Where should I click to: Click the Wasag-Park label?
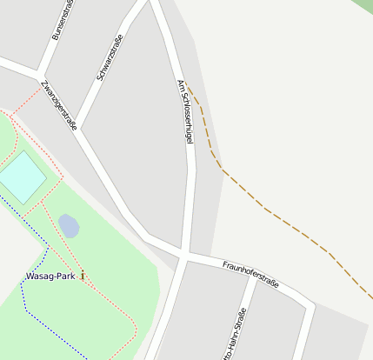tap(50, 277)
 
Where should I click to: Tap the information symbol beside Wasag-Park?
tap(83, 276)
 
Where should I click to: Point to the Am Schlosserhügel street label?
tap(183, 111)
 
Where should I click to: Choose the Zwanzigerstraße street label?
tap(59, 105)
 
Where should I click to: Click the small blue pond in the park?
tap(69, 226)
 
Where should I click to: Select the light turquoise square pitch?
tap(21, 177)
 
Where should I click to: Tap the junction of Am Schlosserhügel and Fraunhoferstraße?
tap(184, 254)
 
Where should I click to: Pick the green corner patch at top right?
tap(363, 4)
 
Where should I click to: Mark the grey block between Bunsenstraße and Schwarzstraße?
tap(83, 43)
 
